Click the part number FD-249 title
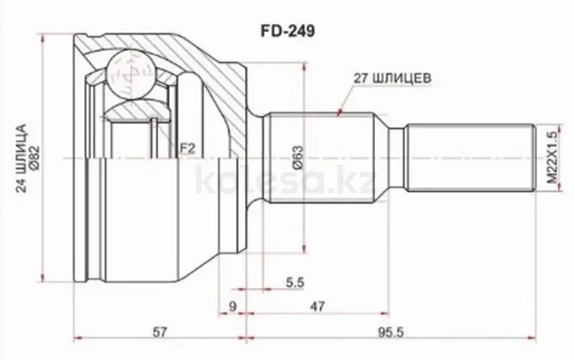(287, 31)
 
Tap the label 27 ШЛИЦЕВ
(393, 78)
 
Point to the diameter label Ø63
(298, 158)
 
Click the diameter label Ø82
(34, 159)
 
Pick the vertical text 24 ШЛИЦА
(21, 159)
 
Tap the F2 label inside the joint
(187, 149)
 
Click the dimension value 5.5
(295, 283)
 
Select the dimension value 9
(233, 306)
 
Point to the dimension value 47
(317, 306)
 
